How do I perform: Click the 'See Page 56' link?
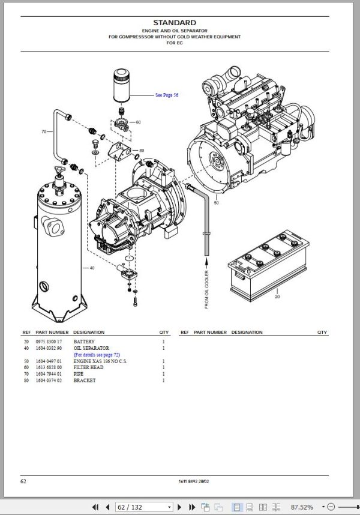coord(167,95)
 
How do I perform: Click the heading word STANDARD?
coord(175,23)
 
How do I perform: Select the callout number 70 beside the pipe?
coord(44,131)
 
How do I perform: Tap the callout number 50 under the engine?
coord(216,203)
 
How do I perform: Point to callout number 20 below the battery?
coord(277,297)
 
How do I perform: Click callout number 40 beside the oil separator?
coord(92,268)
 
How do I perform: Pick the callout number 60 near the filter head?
coord(138,122)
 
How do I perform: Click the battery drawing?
coord(268,265)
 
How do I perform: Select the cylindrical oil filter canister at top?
coord(121,86)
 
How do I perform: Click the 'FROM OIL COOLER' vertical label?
coord(206,289)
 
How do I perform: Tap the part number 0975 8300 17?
coord(49,342)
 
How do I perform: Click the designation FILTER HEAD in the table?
coord(88,367)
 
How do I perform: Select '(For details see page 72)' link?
coord(97,355)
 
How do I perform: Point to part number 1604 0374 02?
coord(49,381)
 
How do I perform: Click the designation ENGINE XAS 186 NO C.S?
coord(100,361)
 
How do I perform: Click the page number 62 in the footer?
coord(23,481)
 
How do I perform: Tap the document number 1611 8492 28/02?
coord(194,481)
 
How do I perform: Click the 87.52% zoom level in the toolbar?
coord(302,507)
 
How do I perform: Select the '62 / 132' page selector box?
coord(144,507)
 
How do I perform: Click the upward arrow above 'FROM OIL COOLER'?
coord(207,263)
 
